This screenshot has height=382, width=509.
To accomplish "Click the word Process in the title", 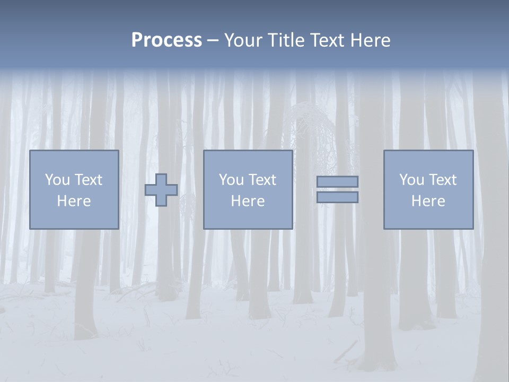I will point(166,40).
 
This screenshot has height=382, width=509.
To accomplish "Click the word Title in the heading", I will point(287,40).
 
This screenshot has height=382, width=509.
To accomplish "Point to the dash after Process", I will point(213,41).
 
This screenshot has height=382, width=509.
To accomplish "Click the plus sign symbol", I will point(161,190).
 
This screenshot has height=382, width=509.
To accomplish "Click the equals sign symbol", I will point(337,189).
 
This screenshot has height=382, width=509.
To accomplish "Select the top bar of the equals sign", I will point(337,181).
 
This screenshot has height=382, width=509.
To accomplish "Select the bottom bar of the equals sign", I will point(337,197).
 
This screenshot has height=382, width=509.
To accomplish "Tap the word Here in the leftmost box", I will point(74,201).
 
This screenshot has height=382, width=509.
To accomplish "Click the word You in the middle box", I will point(231,180).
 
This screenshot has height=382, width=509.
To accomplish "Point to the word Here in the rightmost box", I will point(428,201).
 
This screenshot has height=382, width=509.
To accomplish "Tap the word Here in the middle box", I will point(248,201).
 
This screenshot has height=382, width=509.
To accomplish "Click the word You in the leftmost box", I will point(57,180).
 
